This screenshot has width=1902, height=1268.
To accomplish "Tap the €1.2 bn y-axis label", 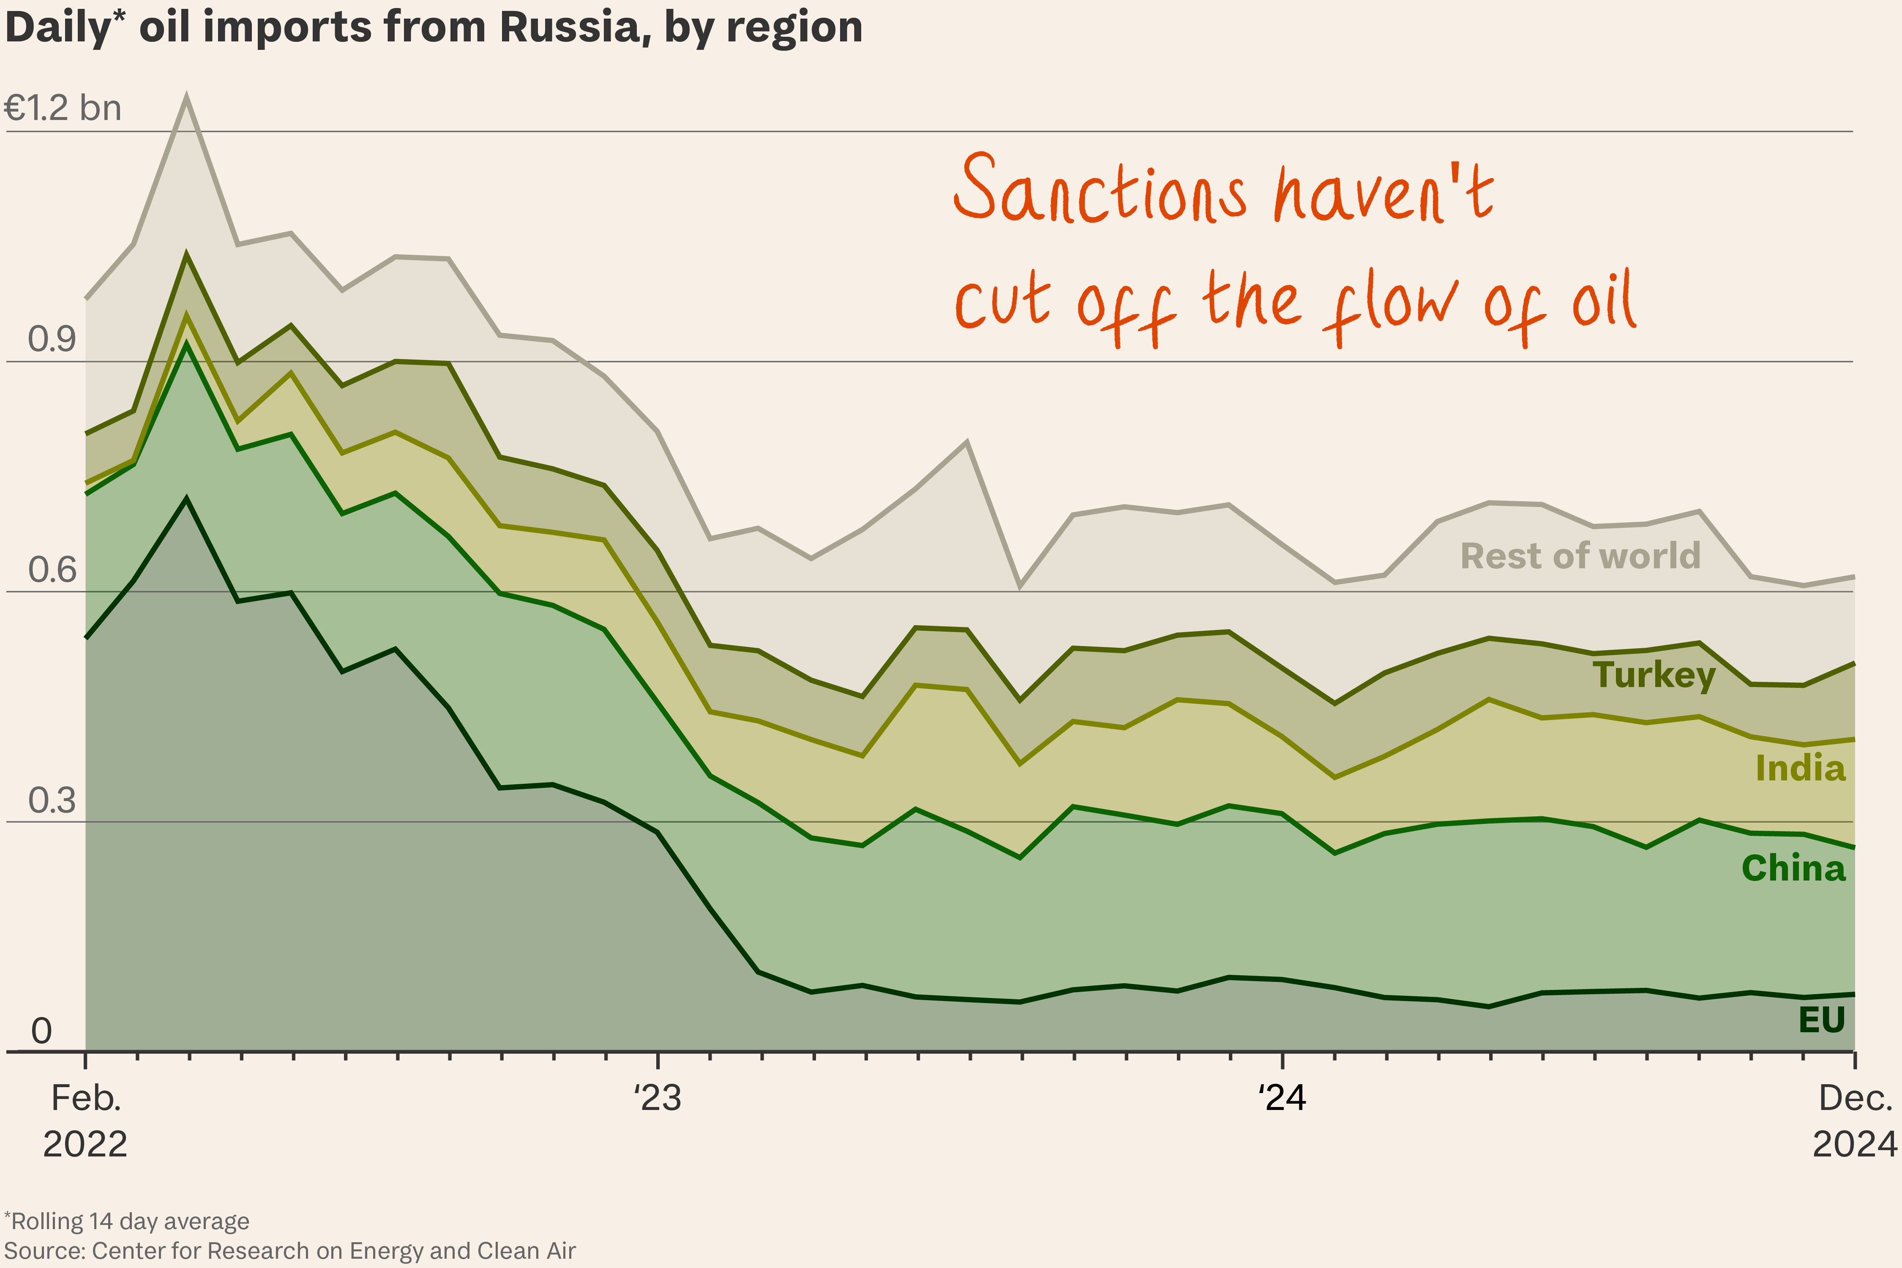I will pos(63,108).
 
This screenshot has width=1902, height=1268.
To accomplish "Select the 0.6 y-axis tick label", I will pos(52,570).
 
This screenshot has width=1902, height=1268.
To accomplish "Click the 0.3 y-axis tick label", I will pos(52,801).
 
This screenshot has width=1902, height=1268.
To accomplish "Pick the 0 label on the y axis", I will pos(41,1031).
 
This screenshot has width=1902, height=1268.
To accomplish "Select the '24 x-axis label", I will pos(1282,1098).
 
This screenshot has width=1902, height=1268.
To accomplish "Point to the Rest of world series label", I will pos(1580,556).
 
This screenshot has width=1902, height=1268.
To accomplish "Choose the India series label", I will pos(1800,768).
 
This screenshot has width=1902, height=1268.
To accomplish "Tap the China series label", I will pos(1794,869).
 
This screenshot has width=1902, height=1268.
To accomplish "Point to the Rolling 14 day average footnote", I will pos(127,1221).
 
